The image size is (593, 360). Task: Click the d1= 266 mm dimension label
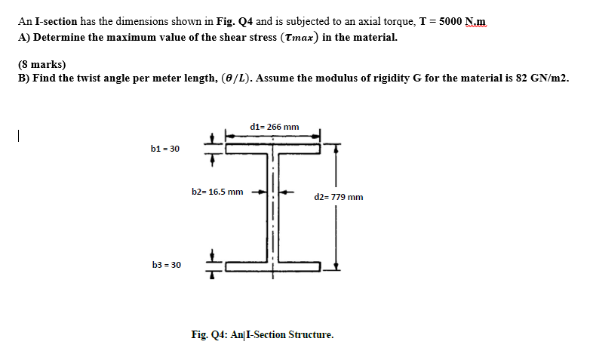coord(273,127)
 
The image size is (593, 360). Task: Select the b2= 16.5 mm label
coord(217,192)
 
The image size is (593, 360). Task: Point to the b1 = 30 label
coord(165,149)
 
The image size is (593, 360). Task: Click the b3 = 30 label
coord(166,265)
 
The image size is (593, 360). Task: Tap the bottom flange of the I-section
coord(273,266)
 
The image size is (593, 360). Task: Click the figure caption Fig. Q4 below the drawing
coord(263,334)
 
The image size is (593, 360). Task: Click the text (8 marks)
coord(42,65)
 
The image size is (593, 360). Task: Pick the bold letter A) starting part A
coord(23,37)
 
